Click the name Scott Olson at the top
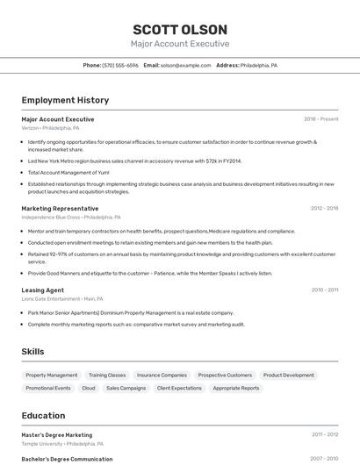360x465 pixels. (180, 29)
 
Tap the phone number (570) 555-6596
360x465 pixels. (120, 65)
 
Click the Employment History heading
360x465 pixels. (65, 100)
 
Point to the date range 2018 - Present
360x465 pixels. (320, 118)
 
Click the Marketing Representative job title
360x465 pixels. (60, 209)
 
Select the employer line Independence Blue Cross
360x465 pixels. (70, 217)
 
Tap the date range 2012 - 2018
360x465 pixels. (324, 209)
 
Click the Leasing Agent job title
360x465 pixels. (42, 290)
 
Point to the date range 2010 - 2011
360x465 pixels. (324, 290)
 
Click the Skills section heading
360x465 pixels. (33, 351)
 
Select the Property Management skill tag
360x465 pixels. (52, 375)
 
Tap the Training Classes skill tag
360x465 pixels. (107, 375)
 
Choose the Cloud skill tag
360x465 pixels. (89, 388)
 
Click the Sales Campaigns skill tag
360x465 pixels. (126, 388)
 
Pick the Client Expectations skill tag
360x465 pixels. (179, 388)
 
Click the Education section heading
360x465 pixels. (43, 415)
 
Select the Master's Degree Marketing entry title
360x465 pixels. (56, 434)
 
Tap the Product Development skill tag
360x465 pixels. (288, 375)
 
